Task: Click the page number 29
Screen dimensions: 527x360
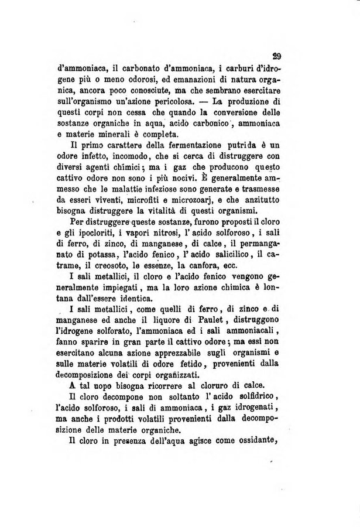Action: click(277, 57)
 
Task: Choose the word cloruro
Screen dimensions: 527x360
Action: click(221, 388)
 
